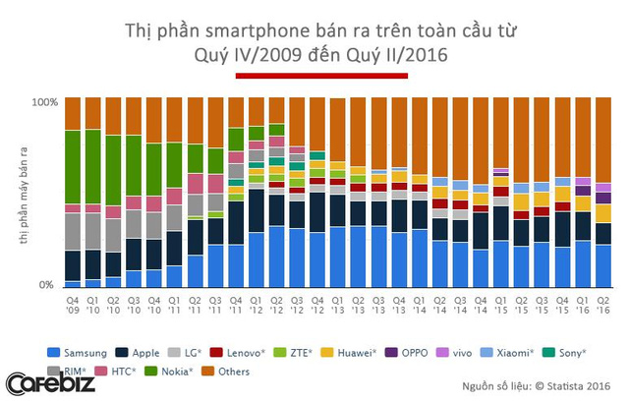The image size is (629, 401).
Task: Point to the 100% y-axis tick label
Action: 45,101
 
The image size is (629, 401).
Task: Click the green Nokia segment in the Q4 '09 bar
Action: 73,167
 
